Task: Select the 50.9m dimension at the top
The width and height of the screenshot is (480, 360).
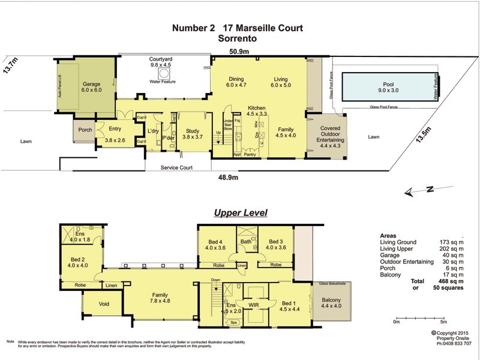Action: [x=239, y=50]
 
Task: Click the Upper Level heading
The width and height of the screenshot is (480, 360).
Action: [x=241, y=213]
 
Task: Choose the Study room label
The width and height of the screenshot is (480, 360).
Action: [x=192, y=130]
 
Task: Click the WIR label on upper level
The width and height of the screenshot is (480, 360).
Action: [x=253, y=305]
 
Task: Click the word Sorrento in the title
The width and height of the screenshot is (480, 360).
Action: [x=238, y=38]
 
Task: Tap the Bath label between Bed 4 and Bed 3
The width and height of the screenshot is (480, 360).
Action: [x=245, y=242]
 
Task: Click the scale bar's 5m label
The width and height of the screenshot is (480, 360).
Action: [x=443, y=322]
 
